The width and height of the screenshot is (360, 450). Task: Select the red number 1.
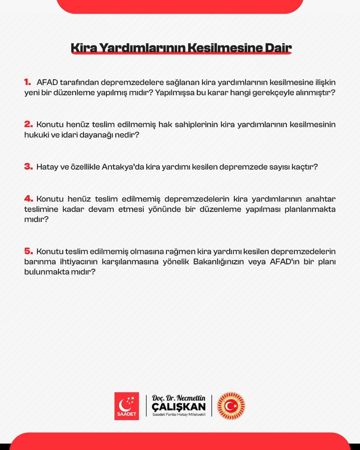click(x=28, y=82)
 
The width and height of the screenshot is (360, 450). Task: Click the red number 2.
click(x=28, y=124)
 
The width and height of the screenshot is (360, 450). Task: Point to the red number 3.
click(x=28, y=166)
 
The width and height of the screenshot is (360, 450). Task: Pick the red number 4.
click(x=28, y=199)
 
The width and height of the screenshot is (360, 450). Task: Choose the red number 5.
click(x=28, y=251)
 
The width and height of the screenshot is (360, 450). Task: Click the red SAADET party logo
click(x=127, y=406)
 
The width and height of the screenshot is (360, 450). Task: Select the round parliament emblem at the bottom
click(x=231, y=406)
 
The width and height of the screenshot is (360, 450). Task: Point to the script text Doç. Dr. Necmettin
click(x=179, y=398)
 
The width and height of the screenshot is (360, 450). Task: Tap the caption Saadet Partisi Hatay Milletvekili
click(x=179, y=415)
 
